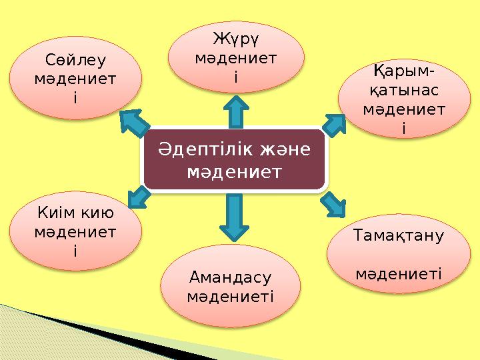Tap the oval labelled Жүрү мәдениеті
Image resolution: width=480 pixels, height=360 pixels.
pos(236,57)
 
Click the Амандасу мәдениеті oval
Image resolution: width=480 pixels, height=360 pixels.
pos(231,285)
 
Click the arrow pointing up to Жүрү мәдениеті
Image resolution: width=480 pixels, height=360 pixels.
pos(235,112)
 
